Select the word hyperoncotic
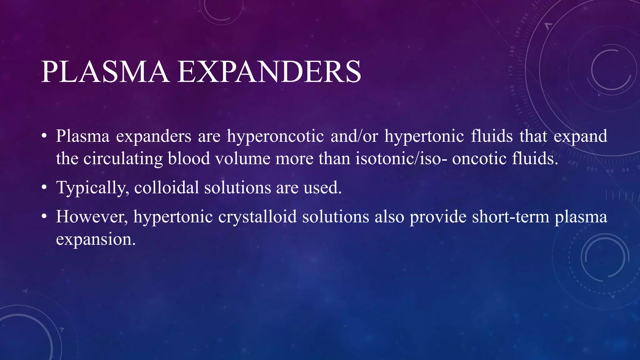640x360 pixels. pyautogui.click(x=275, y=137)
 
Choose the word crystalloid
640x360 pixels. pyautogui.click(x=257, y=217)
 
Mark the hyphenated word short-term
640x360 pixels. pyautogui.click(x=511, y=217)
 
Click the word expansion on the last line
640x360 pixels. pyautogui.click(x=96, y=240)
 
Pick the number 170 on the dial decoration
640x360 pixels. pyautogui.click(x=510, y=71)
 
